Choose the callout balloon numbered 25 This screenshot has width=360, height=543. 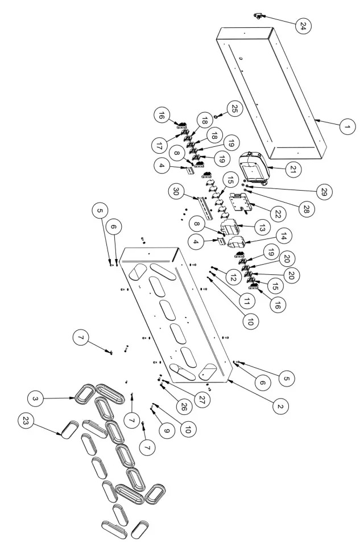(x=234, y=107)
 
